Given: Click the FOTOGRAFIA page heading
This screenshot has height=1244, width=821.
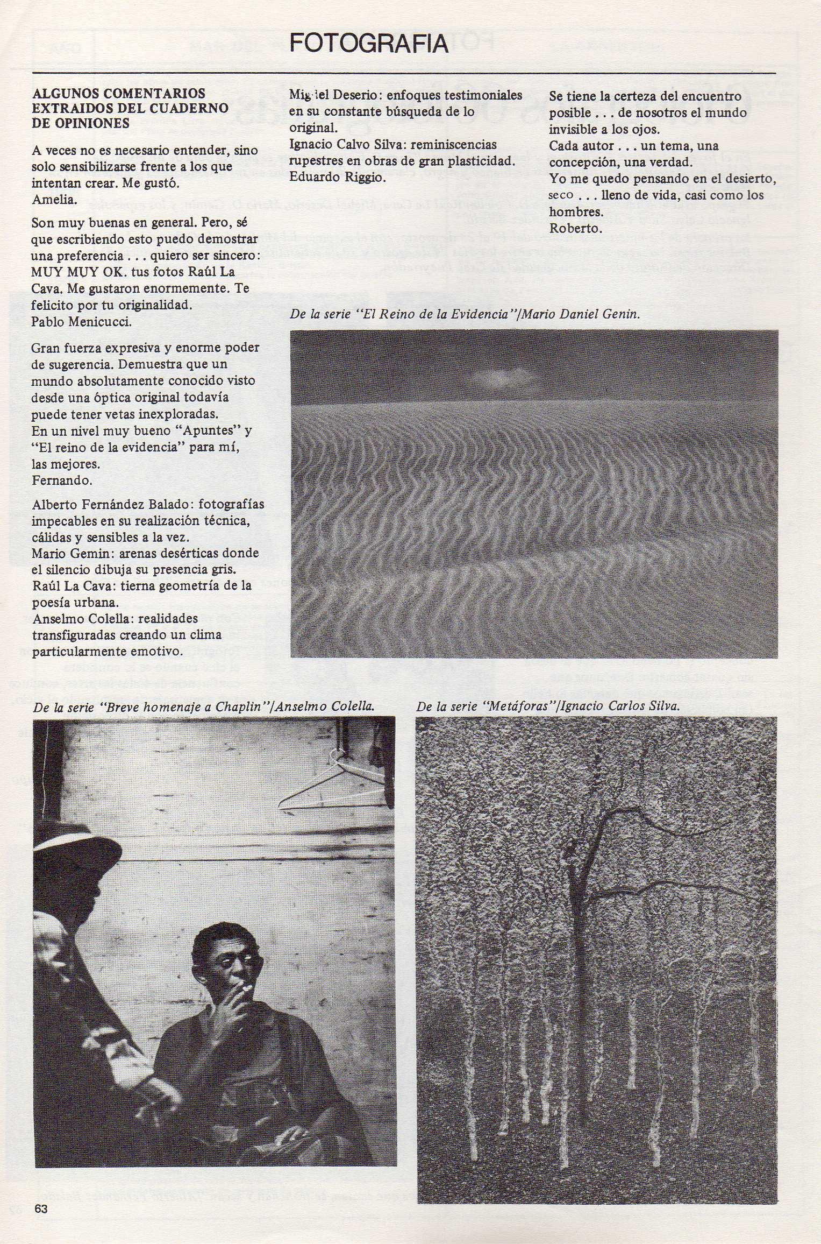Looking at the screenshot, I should tap(368, 44).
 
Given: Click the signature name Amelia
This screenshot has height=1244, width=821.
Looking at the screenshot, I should tap(54, 200).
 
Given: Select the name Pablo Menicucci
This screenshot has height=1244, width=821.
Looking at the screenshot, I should tap(81, 321).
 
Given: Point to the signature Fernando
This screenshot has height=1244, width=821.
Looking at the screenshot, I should tap(62, 480).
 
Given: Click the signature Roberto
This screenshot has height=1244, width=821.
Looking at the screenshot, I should tap(575, 228).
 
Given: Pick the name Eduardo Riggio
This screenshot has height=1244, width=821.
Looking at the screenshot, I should tap(338, 177).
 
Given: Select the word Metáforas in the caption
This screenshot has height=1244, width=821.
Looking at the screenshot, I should tap(520, 706).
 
